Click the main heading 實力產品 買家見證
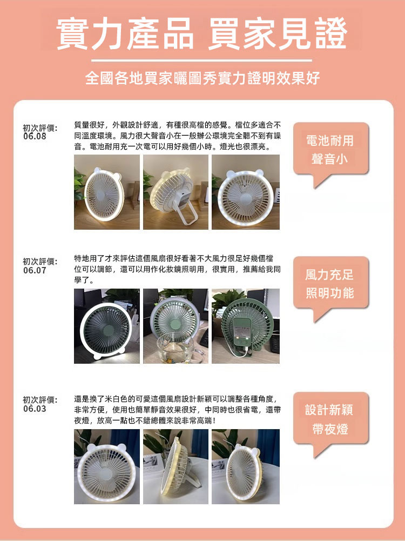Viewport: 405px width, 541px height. point(202,34)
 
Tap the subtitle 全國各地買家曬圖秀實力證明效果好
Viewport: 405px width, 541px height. point(202,78)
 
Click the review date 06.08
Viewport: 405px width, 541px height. point(35,136)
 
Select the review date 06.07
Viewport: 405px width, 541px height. point(35,270)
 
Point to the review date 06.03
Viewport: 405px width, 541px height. point(35,409)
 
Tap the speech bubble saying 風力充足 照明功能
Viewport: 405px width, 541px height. point(330,284)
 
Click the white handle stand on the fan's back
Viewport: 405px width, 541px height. point(188,209)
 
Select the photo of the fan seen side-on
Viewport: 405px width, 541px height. point(176,466)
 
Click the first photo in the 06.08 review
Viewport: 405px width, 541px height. point(107,192)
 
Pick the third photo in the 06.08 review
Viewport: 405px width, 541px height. point(246,192)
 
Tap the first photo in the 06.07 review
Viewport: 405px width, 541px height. point(107,326)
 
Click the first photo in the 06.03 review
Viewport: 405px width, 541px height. point(107,466)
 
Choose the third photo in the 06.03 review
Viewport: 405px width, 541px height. point(246,466)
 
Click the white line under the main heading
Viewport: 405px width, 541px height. point(201,61)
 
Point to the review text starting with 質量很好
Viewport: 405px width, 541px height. point(178,136)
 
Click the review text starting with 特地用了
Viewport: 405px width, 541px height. point(178,269)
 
